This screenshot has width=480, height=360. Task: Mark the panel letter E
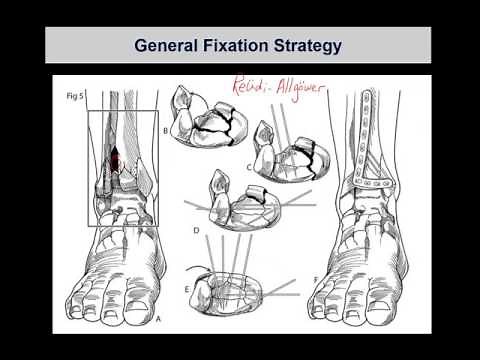(187, 286)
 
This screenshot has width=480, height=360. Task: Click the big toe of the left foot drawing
(75, 305)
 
